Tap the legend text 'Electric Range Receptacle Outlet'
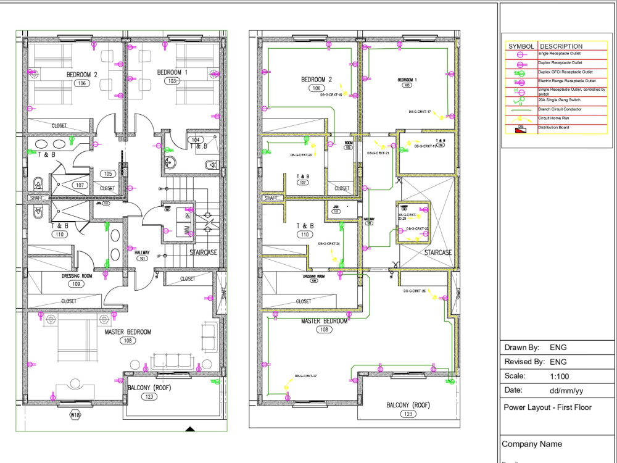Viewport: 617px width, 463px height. tap(566, 81)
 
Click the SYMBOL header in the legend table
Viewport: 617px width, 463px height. tap(521, 46)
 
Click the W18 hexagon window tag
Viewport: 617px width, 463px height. tap(75, 415)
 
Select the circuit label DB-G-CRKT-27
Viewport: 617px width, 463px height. tap(305, 376)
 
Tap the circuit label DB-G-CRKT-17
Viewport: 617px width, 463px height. tap(420, 112)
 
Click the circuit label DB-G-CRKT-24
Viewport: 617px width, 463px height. tap(329, 244)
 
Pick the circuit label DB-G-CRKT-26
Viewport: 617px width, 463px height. tap(415, 290)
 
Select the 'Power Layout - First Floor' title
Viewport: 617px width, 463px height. tap(547, 407)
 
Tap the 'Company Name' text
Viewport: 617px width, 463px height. tap(532, 444)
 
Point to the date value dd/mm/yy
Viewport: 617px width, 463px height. tap(566, 391)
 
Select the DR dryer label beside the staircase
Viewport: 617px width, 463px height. tap(188, 215)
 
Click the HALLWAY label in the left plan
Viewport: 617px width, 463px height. tap(143, 252)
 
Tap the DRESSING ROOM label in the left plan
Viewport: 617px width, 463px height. tap(77, 276)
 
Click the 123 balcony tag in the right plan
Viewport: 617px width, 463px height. tap(408, 414)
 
